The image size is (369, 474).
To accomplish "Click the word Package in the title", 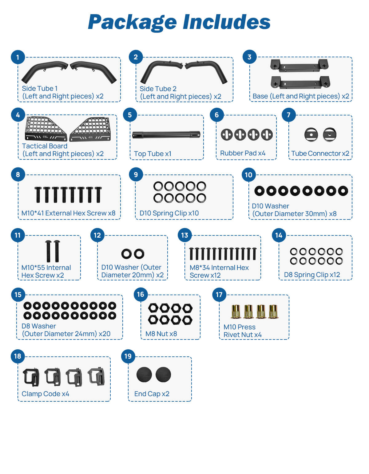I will pyautogui.click(x=132, y=22).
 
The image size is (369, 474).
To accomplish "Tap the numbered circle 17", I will pyautogui.click(x=219, y=295).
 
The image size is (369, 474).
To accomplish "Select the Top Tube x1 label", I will pyautogui.click(x=153, y=154).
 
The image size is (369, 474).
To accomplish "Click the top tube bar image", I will pyautogui.click(x=166, y=135).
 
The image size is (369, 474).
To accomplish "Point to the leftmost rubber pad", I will pyautogui.click(x=227, y=135).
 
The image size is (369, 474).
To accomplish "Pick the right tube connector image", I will pyautogui.click(x=330, y=135).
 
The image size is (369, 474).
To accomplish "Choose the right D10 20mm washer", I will pyautogui.click(x=139, y=254).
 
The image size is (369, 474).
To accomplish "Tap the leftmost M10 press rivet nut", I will pyautogui.click(x=236, y=311).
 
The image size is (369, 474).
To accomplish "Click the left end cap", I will pyautogui.click(x=144, y=375).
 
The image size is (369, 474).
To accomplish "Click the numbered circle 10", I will pyautogui.click(x=248, y=175).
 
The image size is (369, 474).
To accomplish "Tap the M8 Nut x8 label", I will pyautogui.click(x=161, y=334).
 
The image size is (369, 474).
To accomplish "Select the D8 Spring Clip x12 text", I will pyautogui.click(x=312, y=275).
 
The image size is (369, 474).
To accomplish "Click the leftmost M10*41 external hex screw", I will pyautogui.click(x=38, y=195).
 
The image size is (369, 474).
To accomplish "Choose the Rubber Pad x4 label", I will pyautogui.click(x=243, y=153).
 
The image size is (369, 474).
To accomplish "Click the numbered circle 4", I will pyautogui.click(x=18, y=115).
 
